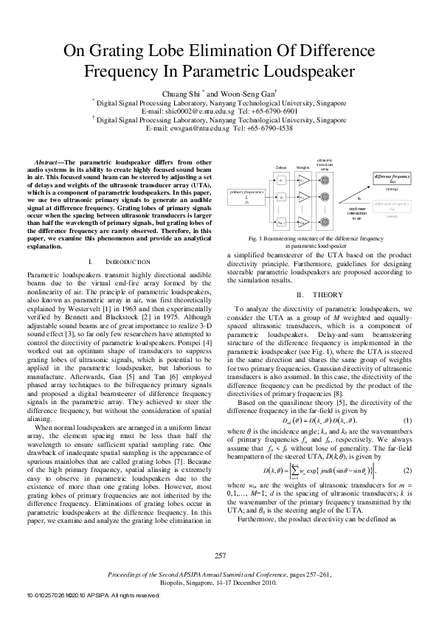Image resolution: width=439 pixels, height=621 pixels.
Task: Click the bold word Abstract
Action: pos(51,162)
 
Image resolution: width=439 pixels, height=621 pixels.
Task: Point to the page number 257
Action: pos(219,555)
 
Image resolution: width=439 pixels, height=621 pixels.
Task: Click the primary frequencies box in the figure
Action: pos(246,195)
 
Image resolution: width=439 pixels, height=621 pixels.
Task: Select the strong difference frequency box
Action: pos(392,178)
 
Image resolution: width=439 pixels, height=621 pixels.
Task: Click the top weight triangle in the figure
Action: pos(303,180)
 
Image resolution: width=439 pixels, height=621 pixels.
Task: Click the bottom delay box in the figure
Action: pos(281,221)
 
